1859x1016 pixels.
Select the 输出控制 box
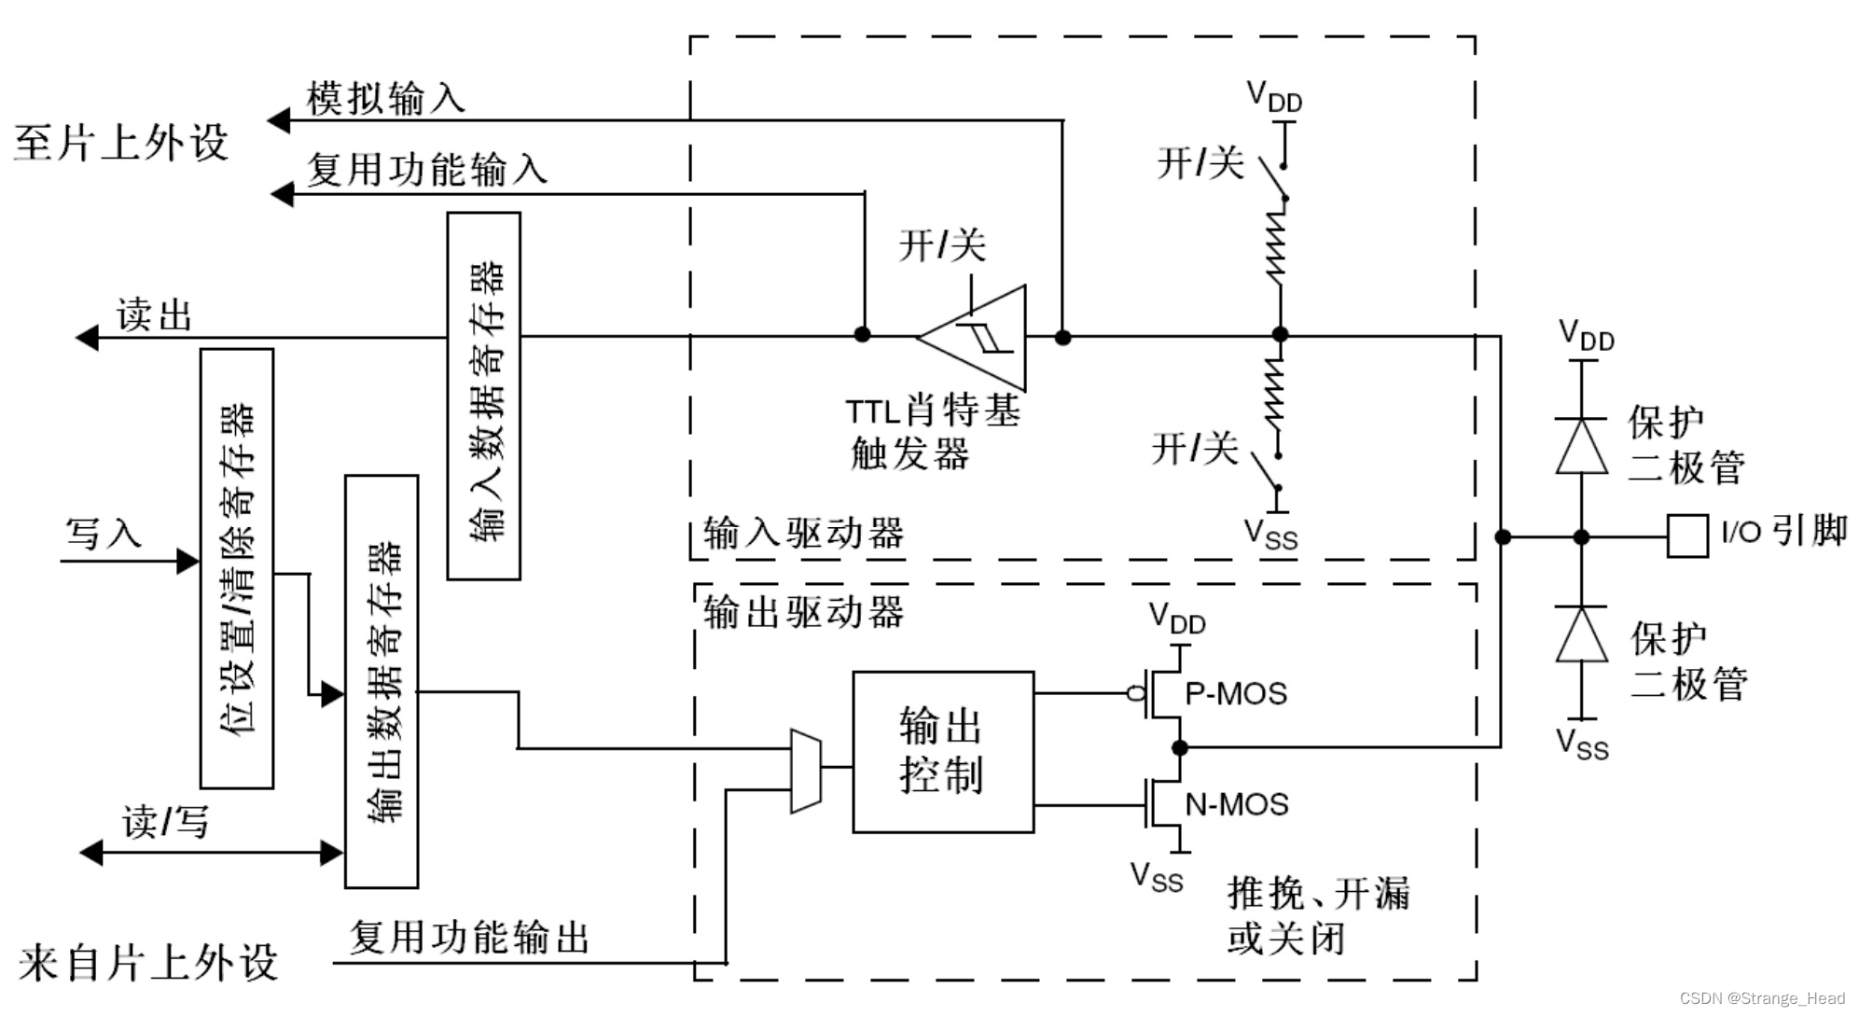coord(942,751)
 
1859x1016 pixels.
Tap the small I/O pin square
coord(1686,536)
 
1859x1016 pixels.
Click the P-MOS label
coord(1236,693)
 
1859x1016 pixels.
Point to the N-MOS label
coord(1237,804)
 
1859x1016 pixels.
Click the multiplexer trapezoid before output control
coord(805,771)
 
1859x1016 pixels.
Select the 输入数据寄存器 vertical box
coord(483,397)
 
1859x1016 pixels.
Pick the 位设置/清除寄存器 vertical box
coord(237,569)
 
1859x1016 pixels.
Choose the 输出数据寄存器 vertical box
coord(381,681)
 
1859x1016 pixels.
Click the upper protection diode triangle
coord(1581,447)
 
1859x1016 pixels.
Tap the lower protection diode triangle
coord(1581,634)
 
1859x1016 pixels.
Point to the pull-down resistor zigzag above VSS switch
coord(1275,392)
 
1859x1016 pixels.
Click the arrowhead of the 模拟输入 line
coord(279,120)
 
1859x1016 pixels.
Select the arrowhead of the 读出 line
coord(87,337)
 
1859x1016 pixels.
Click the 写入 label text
coord(103,534)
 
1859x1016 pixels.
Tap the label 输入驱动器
coord(803,533)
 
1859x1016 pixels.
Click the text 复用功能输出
coord(469,937)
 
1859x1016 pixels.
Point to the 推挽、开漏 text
coord(1318,893)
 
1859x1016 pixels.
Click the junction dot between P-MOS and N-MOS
coord(1180,747)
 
